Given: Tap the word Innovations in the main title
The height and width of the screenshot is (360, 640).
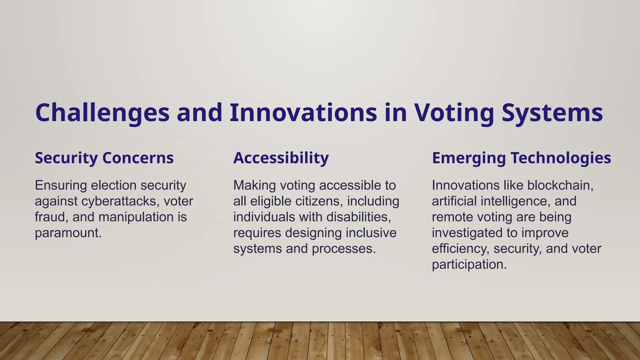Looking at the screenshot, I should click(303, 112).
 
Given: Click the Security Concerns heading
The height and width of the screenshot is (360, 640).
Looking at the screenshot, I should click(104, 158).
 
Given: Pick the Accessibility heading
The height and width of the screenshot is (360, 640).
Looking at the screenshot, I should click(281, 158).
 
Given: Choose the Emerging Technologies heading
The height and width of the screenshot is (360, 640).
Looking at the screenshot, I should click(521, 158).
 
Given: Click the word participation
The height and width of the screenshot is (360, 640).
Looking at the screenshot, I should click(469, 265).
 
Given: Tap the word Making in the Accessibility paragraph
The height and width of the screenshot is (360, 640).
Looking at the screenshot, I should click(254, 186).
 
